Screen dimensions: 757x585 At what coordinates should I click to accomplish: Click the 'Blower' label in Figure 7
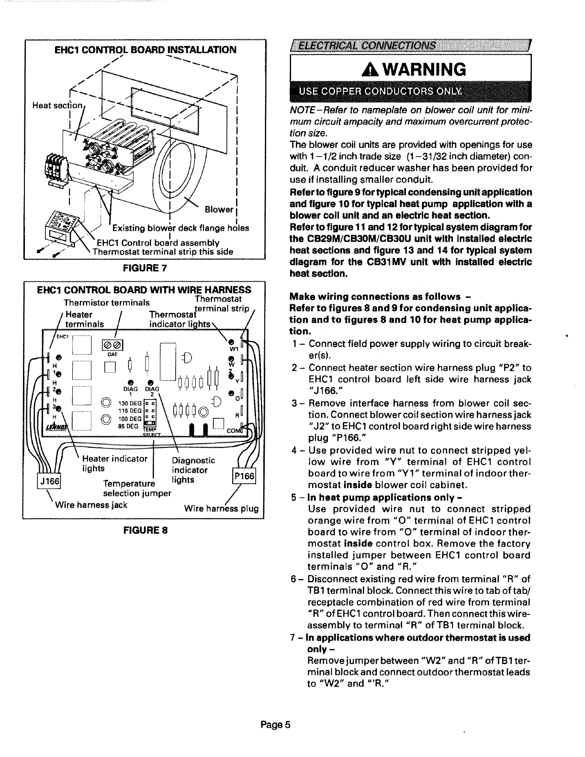point(219,210)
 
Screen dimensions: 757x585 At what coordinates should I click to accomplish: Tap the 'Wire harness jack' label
point(91,504)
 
